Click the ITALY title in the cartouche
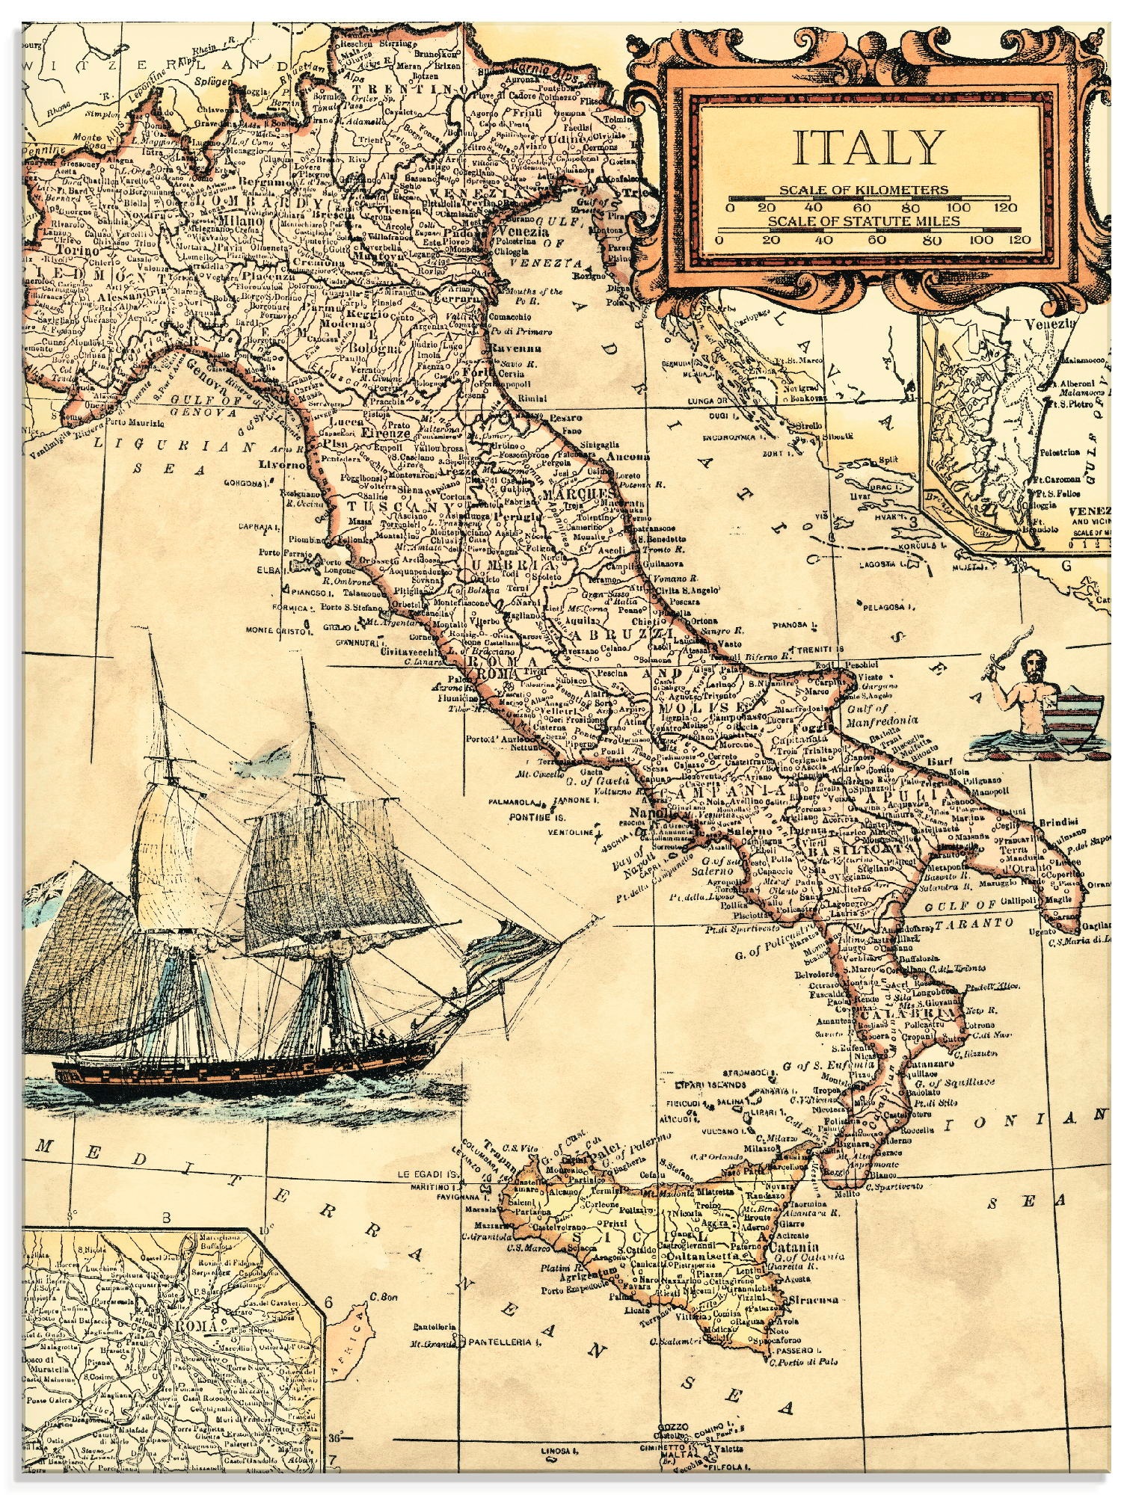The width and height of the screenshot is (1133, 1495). point(865,147)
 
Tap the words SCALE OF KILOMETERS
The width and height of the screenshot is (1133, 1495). point(864,190)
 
